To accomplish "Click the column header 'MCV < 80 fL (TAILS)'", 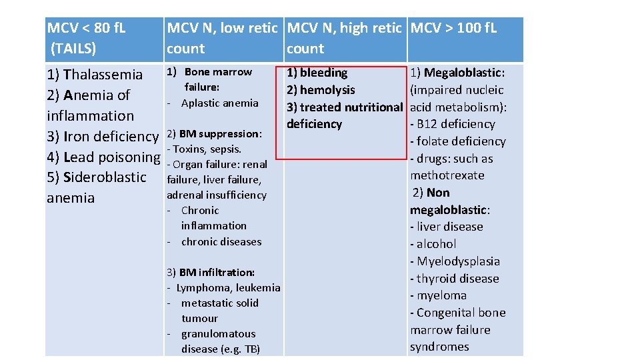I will click(x=87, y=38).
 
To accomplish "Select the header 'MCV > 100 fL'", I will click(x=453, y=28).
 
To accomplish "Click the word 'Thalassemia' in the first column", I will click(x=103, y=74).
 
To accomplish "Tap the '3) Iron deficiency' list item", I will click(x=103, y=136).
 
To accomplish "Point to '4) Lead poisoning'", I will click(x=103, y=157).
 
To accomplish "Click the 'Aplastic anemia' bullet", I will click(x=219, y=103).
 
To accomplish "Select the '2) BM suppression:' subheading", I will click(x=214, y=133).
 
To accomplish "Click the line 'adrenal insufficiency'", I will click(x=216, y=195).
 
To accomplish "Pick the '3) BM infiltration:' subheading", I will click(x=210, y=272).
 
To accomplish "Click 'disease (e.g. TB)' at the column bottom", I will click(x=220, y=349).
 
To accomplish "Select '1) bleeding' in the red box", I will click(x=317, y=73).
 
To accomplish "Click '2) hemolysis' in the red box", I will click(x=321, y=90).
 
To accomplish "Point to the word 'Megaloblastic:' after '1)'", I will click(x=464, y=73).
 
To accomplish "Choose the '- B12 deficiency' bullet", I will click(x=453, y=124).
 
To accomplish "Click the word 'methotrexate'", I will click(x=447, y=175).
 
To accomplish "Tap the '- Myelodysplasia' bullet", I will click(x=455, y=261).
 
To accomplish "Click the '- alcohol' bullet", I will click(x=433, y=244).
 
